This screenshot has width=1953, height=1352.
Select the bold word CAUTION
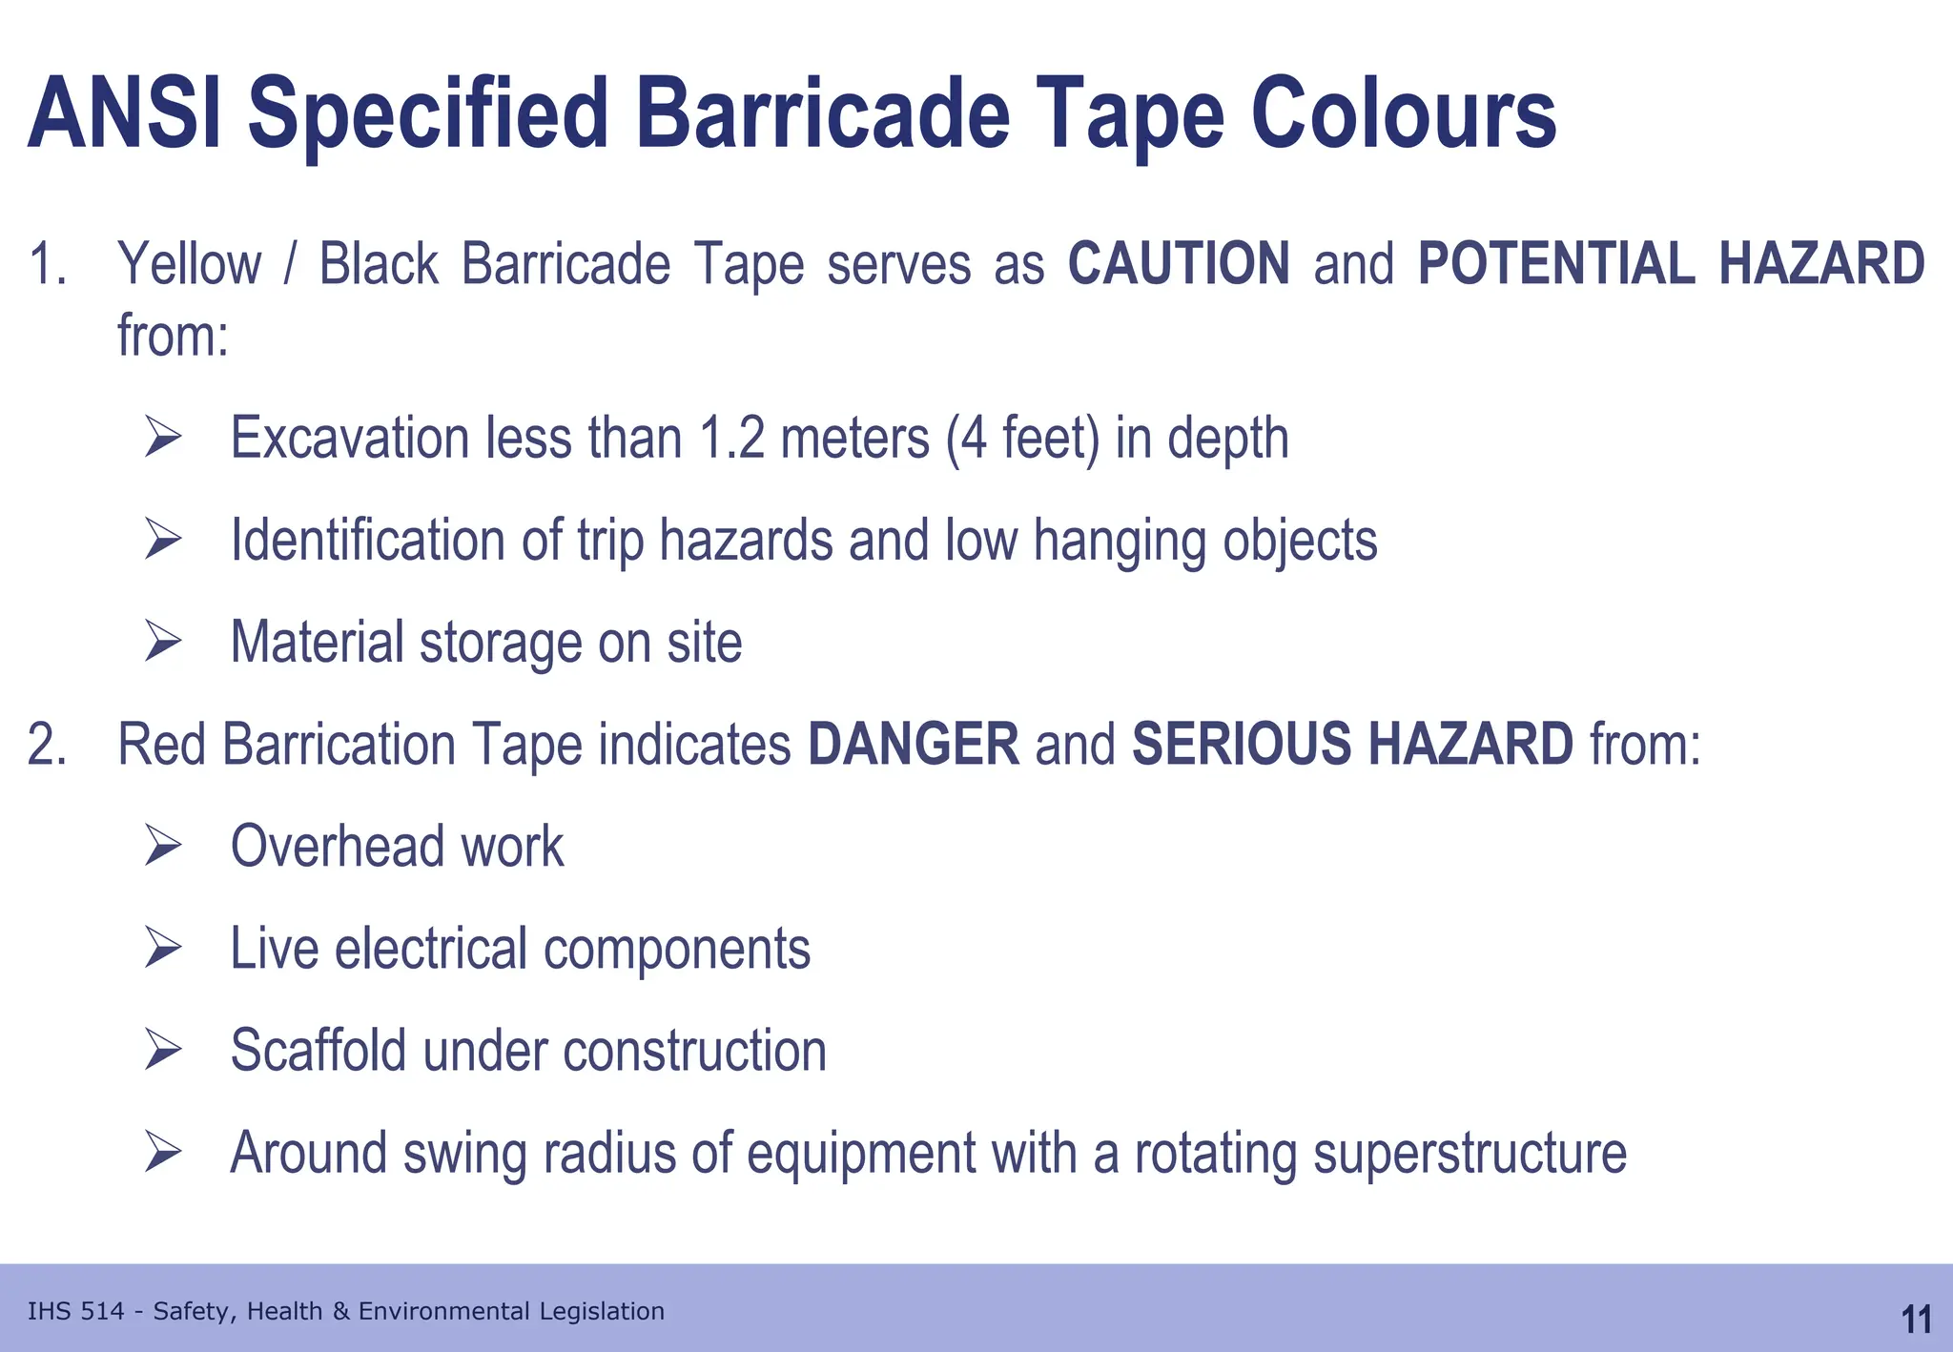(1178, 264)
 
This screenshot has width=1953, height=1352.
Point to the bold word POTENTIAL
(1556, 264)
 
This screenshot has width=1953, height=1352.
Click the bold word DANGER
(913, 745)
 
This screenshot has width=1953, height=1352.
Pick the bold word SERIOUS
(1241, 745)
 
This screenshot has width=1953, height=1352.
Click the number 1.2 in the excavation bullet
(731, 439)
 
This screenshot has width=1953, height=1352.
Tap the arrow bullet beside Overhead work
(163, 846)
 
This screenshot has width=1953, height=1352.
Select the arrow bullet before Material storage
(163, 642)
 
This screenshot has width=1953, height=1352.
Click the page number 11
(1916, 1320)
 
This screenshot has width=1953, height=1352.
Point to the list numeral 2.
(46, 745)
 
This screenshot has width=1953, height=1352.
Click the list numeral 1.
(46, 264)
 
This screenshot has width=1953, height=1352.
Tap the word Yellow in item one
(189, 264)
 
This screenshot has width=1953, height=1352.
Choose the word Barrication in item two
(339, 745)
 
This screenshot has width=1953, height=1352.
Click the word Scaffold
(319, 1050)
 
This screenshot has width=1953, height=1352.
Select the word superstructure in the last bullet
(1470, 1154)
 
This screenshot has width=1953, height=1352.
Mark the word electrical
(431, 949)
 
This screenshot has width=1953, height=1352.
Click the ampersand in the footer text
(340, 1312)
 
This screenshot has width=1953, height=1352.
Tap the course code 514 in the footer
(103, 1312)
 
